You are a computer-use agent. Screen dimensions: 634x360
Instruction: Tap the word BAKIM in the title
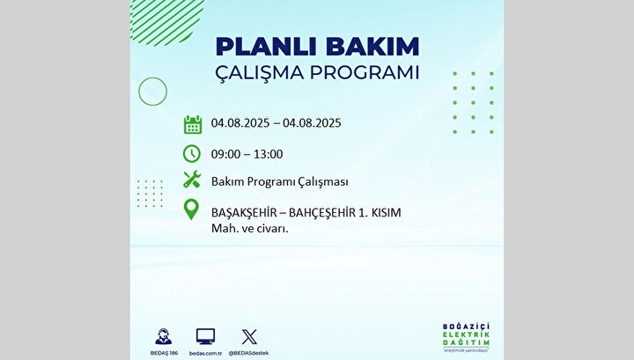point(372,47)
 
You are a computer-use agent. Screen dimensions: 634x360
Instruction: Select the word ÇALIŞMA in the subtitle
point(259,74)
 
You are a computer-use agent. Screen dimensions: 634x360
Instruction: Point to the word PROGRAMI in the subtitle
point(365,73)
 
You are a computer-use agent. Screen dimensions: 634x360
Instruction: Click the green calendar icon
point(193,124)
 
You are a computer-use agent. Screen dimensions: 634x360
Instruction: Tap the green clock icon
point(192,153)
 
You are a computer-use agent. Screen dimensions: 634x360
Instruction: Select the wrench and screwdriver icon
point(192,180)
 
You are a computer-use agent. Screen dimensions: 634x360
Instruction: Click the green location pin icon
point(191,209)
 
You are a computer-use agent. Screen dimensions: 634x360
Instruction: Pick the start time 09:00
point(225,154)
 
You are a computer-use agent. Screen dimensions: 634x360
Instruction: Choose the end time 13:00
point(268,154)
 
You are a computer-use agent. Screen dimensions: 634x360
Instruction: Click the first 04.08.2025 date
point(240,123)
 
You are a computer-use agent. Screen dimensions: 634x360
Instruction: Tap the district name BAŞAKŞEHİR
point(244,212)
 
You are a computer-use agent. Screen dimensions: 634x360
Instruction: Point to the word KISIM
point(387,212)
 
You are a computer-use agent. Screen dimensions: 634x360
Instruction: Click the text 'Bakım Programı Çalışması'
point(280,182)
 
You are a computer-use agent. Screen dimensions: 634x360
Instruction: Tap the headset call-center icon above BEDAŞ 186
point(164,336)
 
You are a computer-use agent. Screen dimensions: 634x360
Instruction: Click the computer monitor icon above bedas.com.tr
point(205,336)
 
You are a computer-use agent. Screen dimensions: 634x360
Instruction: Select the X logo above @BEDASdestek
point(249,337)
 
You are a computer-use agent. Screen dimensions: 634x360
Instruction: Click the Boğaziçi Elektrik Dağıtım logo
point(466,337)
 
